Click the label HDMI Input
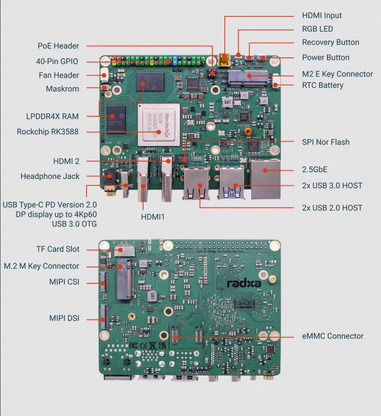[322, 16]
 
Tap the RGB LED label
[317, 29]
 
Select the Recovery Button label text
[330, 42]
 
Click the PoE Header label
[58, 46]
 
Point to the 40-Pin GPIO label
[57, 61]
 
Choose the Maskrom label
[62, 89]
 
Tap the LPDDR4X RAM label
[52, 116]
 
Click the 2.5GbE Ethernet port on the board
[265, 179]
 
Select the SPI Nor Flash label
[326, 142]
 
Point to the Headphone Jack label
[50, 176]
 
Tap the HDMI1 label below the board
[153, 216]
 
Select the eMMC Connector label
[333, 336]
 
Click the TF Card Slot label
[58, 249]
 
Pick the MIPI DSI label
[64, 319]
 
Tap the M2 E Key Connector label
[337, 74]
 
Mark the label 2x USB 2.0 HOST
[332, 208]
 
